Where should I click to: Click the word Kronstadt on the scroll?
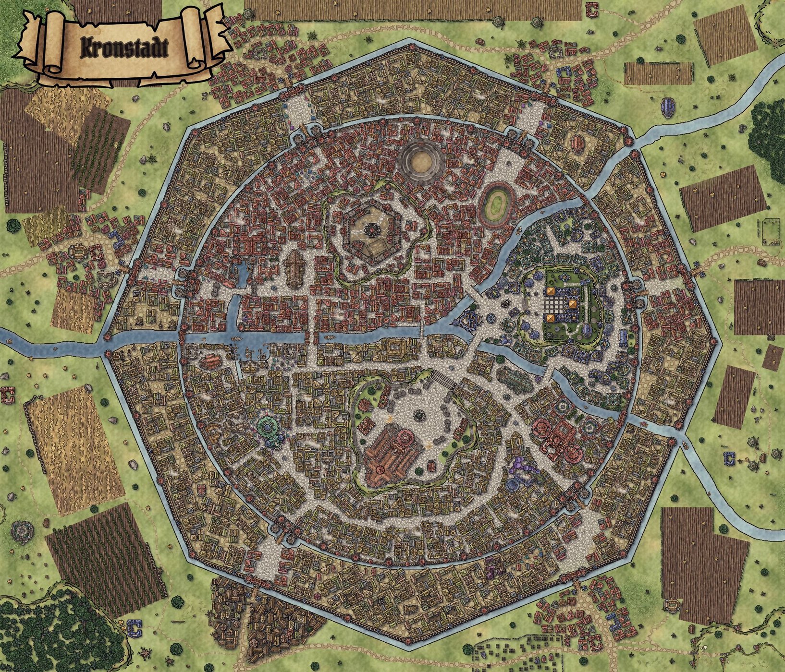(124, 48)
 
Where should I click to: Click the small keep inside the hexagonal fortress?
(372, 231)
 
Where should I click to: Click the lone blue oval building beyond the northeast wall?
(668, 106)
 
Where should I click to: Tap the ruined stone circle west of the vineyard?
(21, 531)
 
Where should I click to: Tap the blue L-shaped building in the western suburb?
(116, 236)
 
